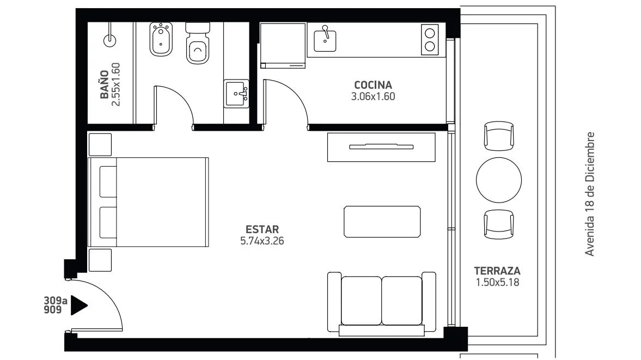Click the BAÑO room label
104,84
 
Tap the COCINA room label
373,85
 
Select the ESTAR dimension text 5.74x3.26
262,241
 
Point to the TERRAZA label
497,271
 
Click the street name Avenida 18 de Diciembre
589,194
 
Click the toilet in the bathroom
198,43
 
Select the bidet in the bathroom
161,39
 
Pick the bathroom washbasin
236,94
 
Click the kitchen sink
325,40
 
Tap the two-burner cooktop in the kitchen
430,40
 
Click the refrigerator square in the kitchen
283,45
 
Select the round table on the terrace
499,180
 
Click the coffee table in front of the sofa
382,222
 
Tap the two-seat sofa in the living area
382,303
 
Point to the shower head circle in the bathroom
110,40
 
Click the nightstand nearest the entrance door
100,260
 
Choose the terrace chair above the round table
499,136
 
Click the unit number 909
53,310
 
